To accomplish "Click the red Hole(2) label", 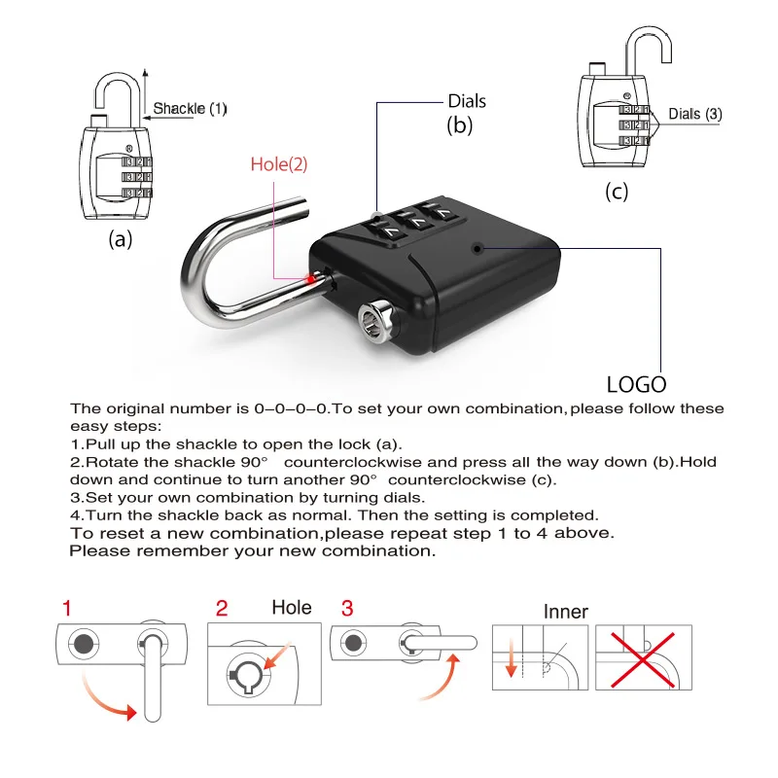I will tap(278, 164).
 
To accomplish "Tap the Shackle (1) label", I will tap(190, 108).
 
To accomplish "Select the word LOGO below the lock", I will tap(637, 383).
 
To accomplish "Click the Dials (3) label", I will tap(694, 114).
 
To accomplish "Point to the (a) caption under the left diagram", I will tap(121, 239).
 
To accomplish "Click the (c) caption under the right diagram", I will tap(617, 191).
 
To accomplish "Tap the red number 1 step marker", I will tap(66, 610).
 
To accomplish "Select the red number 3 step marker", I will tap(347, 610).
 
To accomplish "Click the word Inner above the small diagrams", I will tap(566, 612).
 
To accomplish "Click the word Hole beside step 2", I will tap(291, 608).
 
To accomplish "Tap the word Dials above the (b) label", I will tap(467, 101).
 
